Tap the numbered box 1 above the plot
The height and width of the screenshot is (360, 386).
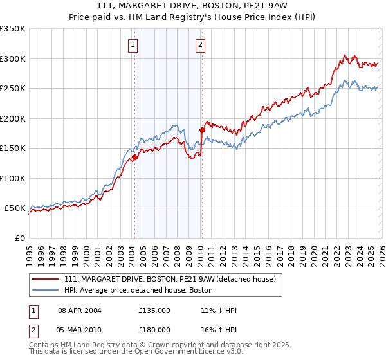pyautogui.click(x=133, y=44)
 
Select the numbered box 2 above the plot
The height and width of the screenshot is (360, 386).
pyautogui.click(x=200, y=44)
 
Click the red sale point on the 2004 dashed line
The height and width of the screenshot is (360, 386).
pyautogui.click(x=134, y=157)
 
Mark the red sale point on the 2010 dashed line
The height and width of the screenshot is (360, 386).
pyautogui.click(x=202, y=130)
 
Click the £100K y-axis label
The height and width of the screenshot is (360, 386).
pyautogui.click(x=14, y=178)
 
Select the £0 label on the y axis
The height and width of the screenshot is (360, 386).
pyautogui.click(x=19, y=238)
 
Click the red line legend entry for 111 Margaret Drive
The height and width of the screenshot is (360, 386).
pyautogui.click(x=170, y=279)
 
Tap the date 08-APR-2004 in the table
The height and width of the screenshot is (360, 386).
pyautogui.click(x=80, y=310)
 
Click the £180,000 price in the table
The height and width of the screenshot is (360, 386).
pyautogui.click(x=154, y=328)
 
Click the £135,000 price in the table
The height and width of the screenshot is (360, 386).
pyautogui.click(x=154, y=310)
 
